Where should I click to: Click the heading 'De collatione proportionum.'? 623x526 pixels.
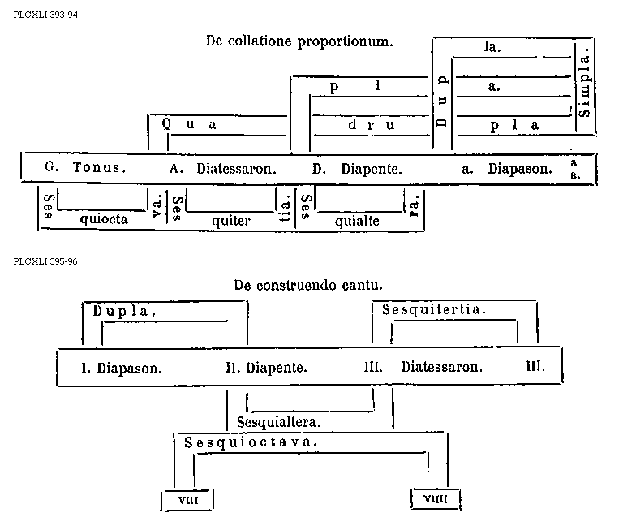(x=299, y=42)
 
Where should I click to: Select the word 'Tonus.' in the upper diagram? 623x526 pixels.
(x=100, y=169)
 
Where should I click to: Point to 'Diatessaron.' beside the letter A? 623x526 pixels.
(x=237, y=170)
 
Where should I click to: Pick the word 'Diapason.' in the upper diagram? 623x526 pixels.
(x=520, y=170)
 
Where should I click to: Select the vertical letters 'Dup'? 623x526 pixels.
(x=442, y=101)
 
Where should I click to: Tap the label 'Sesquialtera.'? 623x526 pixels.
(x=278, y=423)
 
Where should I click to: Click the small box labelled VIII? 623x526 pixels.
(x=183, y=498)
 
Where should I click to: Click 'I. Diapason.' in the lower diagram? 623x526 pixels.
(x=122, y=367)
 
